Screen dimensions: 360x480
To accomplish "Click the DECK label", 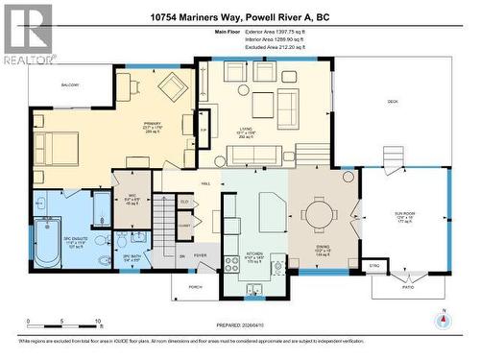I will coord(392,101).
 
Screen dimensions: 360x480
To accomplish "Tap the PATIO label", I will coord(407,287).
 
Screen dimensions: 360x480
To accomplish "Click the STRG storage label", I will coord(375,265).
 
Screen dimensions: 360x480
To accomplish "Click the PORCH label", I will coord(195,286).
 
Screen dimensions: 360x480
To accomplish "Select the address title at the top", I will coord(240,16).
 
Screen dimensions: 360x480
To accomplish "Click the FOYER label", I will coord(201,255).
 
